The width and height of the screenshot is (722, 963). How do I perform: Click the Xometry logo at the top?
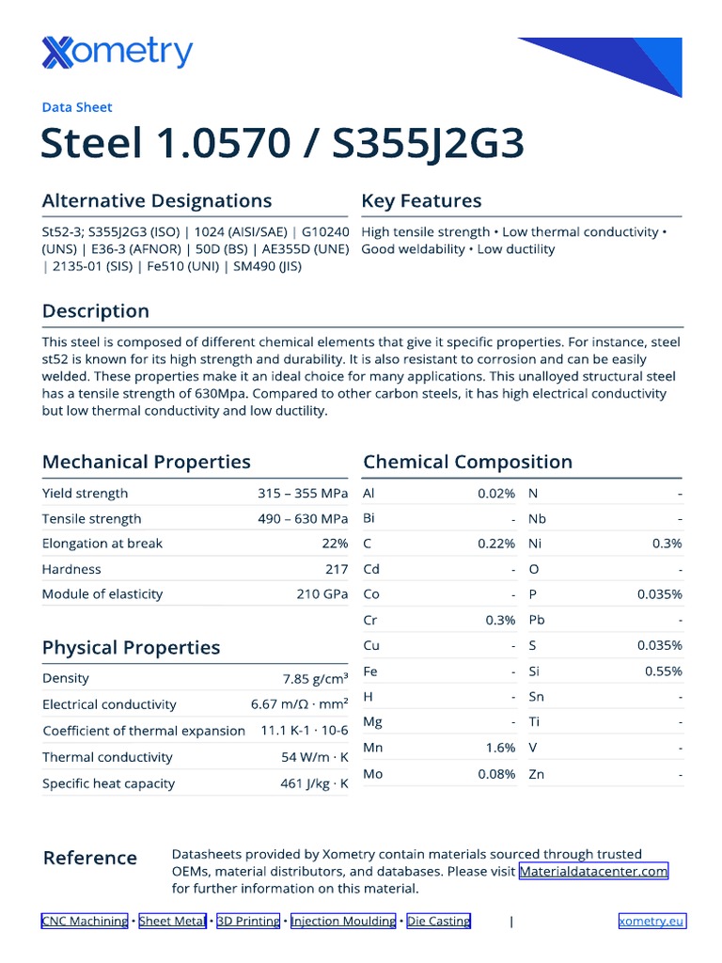tap(117, 53)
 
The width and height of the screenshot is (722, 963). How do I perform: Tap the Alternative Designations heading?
tap(157, 200)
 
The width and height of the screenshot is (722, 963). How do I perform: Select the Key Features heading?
tap(421, 200)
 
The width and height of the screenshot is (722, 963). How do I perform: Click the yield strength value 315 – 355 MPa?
tap(303, 493)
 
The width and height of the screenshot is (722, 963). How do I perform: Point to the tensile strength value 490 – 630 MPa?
tap(303, 518)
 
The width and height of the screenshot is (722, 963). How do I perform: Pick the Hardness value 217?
tap(337, 569)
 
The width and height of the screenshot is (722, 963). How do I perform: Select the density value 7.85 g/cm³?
tap(315, 678)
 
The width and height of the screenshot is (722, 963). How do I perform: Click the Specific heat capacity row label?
tap(108, 783)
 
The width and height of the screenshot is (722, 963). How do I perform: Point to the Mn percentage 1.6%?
tap(500, 748)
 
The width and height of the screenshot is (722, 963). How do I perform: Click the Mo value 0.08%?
tap(496, 774)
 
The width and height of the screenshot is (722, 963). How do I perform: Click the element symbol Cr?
tap(369, 620)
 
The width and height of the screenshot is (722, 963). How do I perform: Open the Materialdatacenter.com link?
tap(593, 872)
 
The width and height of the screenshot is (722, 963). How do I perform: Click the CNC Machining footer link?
tap(85, 921)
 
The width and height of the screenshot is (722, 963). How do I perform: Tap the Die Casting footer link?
tap(438, 921)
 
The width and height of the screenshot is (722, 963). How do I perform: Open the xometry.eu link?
tap(651, 921)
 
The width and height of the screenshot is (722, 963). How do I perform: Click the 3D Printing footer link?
tap(248, 921)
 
